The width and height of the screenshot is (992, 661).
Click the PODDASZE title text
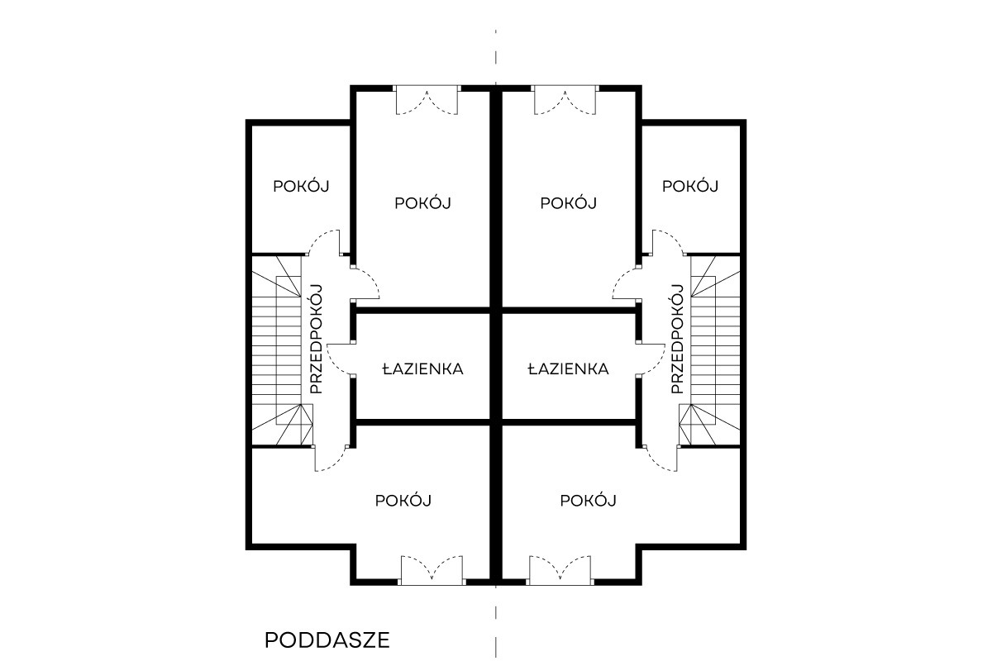[x=327, y=640]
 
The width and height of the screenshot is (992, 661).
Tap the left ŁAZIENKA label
[x=423, y=369]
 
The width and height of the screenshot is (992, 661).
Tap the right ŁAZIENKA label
[x=568, y=369]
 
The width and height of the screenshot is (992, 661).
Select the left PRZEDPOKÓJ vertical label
[x=316, y=339]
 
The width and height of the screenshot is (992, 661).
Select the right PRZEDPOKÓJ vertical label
[x=678, y=339]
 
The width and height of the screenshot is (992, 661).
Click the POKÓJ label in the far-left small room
[x=301, y=187]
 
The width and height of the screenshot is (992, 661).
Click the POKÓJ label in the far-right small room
[x=690, y=187]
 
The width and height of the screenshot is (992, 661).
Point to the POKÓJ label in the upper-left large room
[x=422, y=203]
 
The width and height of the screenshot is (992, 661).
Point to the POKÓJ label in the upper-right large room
[x=568, y=203]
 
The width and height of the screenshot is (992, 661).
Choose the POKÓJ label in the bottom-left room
[x=403, y=501]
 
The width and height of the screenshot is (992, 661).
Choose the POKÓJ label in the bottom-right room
[x=588, y=501]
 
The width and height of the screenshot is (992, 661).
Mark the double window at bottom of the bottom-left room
[x=432, y=571]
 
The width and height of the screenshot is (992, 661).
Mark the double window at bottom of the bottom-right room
[x=560, y=571]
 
